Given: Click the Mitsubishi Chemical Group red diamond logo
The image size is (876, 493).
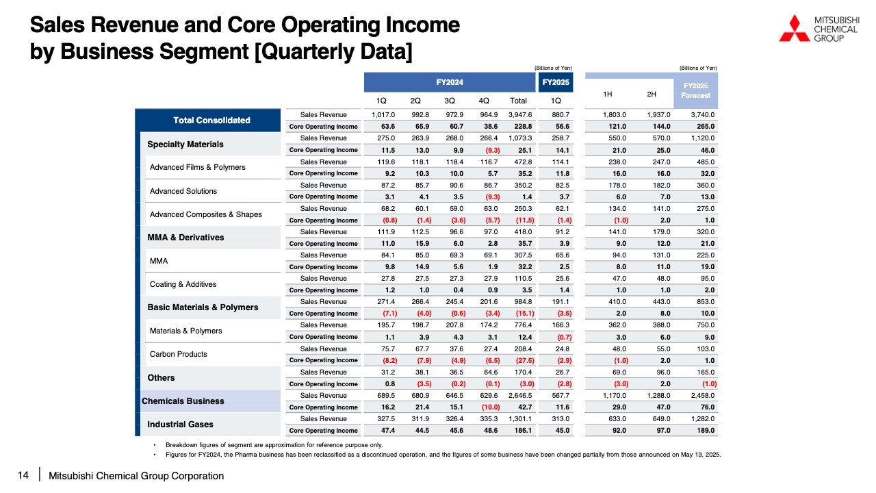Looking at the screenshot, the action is (x=795, y=28).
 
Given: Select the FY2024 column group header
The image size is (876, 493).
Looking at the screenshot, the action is (x=450, y=82).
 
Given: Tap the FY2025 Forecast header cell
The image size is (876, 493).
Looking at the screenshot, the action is (x=696, y=91).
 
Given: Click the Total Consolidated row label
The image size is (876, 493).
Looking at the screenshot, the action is (x=211, y=120).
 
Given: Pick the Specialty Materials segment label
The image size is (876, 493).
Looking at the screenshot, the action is (x=185, y=144).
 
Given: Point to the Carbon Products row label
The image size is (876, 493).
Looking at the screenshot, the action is (x=179, y=354).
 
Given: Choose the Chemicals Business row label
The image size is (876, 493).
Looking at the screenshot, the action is (x=183, y=401).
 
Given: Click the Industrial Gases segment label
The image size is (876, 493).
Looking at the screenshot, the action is (x=180, y=425).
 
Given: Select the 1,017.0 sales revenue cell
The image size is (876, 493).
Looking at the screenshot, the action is (x=383, y=114).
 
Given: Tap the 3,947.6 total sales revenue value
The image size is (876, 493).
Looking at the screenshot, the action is (x=520, y=114).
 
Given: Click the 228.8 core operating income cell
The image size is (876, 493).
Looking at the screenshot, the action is (x=524, y=127).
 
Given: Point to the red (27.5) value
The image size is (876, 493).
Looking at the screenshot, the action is (x=525, y=360).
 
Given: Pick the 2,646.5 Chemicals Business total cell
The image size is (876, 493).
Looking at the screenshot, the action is (x=520, y=396).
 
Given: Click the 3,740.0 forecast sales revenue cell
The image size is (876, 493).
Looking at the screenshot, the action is (x=703, y=114).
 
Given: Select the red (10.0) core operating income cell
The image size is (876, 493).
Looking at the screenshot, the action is (x=491, y=407).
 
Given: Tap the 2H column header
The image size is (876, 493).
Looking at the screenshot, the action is (x=651, y=94).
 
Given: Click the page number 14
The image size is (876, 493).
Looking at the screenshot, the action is (x=23, y=475).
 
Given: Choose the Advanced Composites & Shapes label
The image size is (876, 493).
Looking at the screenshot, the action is (x=206, y=214).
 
